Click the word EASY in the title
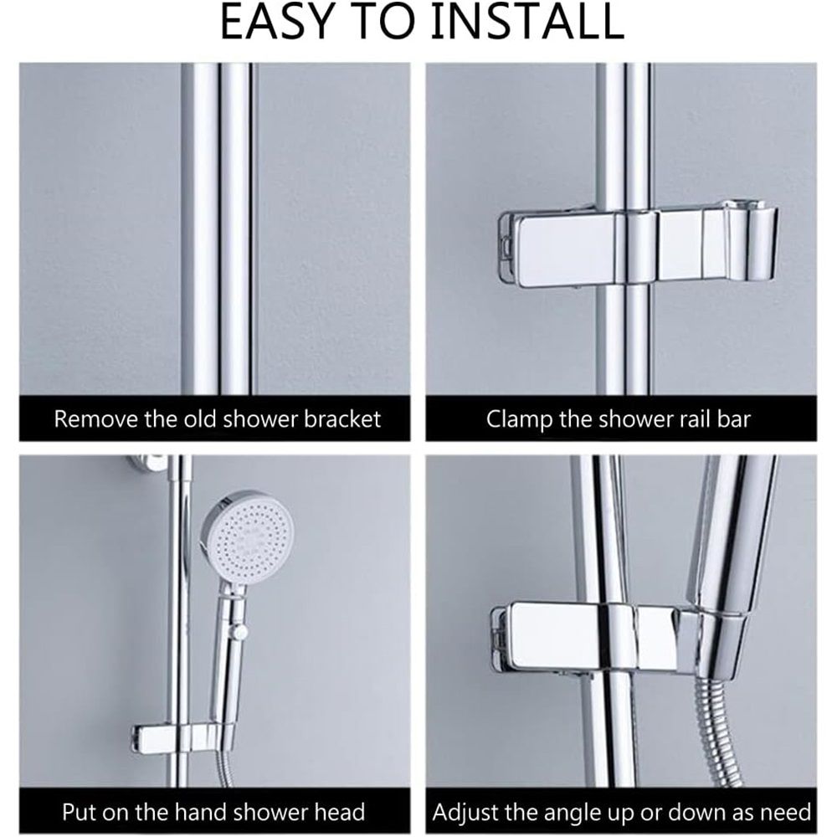pos(276,23)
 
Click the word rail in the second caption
pos(695,419)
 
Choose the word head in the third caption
pos(340,812)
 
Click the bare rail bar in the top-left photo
pos(217,229)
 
